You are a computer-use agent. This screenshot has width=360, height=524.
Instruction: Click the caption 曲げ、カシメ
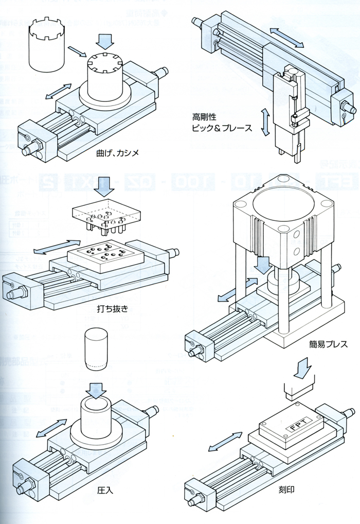pos(118,153)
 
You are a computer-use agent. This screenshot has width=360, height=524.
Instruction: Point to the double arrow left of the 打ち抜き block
pos(50,247)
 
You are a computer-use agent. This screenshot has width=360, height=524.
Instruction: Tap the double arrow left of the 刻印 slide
pos(225,442)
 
